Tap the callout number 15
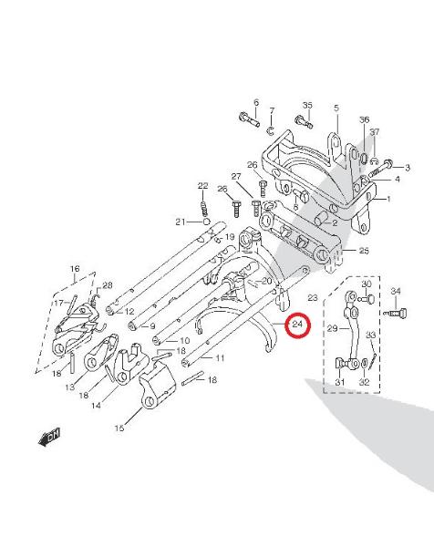[119, 428]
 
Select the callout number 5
[336, 108]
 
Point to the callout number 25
[364, 251]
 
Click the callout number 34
[396, 291]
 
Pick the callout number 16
[75, 269]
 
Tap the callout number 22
[202, 186]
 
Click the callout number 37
[375, 132]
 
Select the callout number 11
[220, 358]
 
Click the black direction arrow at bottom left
[49, 437]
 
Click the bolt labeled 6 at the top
[249, 119]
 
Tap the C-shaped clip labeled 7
[271, 130]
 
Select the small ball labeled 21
[206, 222]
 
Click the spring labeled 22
[205, 207]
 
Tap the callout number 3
[408, 168]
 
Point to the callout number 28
[107, 285]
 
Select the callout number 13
[70, 387]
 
